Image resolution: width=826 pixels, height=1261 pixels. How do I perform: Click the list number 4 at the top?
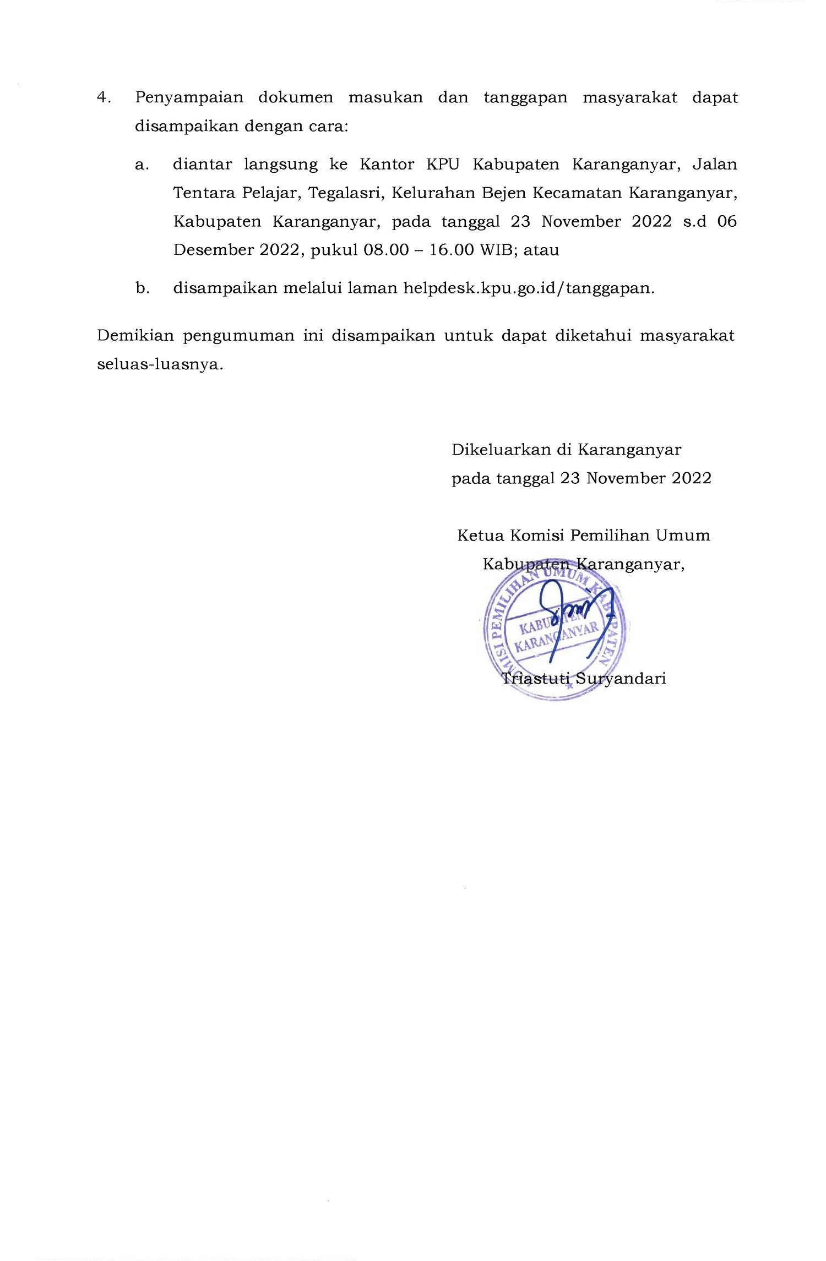[x=102, y=98]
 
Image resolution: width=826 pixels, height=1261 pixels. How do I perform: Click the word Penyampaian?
[x=189, y=98]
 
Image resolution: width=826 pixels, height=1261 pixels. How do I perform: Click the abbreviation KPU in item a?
[x=442, y=165]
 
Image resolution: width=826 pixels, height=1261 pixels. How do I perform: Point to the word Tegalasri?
[x=345, y=193]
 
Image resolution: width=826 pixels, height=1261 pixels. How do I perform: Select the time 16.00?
[x=452, y=250]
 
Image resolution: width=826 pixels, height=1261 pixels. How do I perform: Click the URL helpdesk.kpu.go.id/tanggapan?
[x=528, y=288]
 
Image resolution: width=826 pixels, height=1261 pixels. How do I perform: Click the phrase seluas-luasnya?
[x=160, y=364]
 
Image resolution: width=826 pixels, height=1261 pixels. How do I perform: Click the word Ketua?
[x=480, y=536]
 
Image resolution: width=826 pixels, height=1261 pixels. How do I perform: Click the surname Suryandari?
[x=621, y=678]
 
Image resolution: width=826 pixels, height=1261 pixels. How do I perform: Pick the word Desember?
[x=212, y=250]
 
